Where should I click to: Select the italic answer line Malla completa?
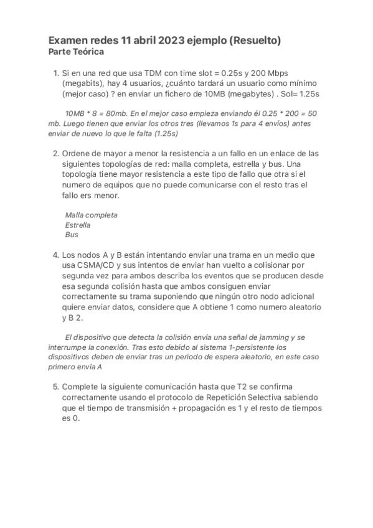[91, 215]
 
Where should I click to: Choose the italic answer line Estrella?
[77, 225]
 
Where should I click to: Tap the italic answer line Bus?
[72, 235]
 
